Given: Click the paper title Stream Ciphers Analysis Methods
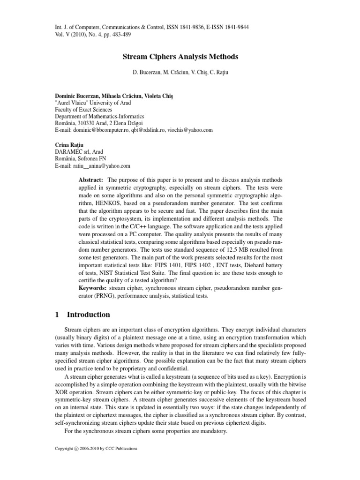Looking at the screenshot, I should click(180, 57).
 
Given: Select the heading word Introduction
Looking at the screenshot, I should click(89, 315).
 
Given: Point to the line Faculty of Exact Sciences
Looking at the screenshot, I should click(82, 109).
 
